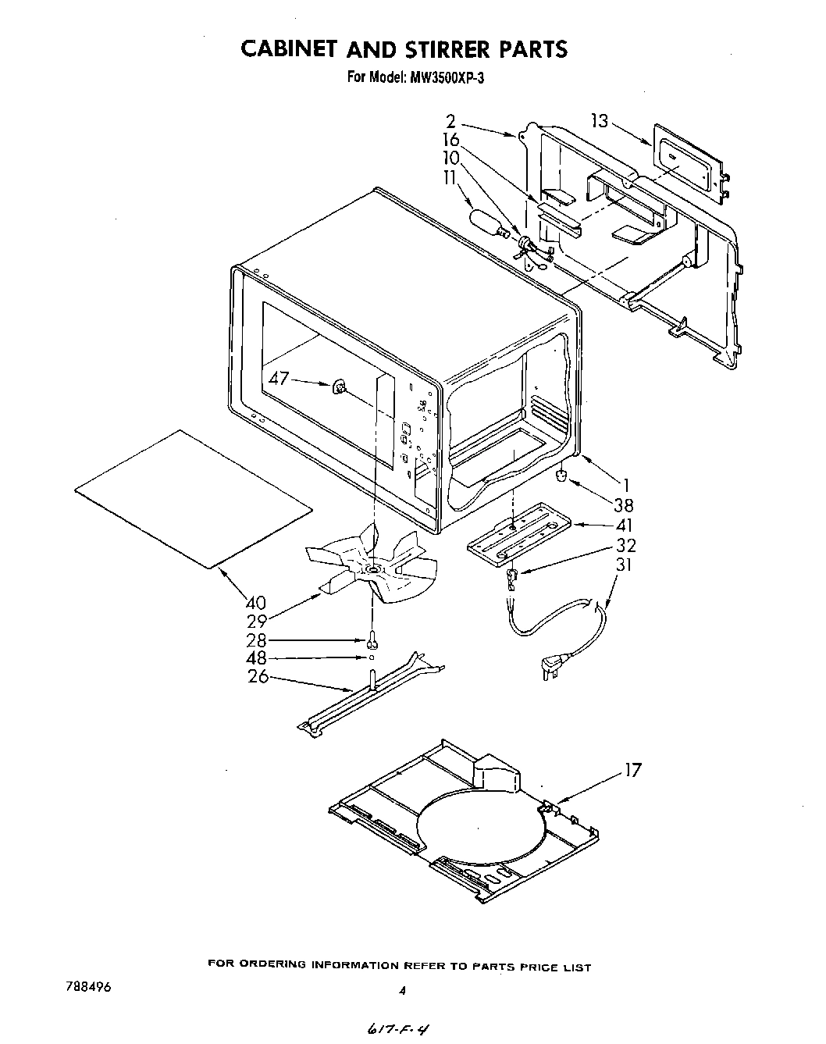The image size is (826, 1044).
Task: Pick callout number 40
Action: coord(255,603)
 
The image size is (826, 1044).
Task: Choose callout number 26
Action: coord(258,676)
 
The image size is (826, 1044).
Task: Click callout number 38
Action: coord(624,505)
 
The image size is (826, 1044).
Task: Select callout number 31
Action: coord(625,565)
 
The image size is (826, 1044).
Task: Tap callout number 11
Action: coord(450,178)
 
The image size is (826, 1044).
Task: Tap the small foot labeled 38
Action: coord(560,476)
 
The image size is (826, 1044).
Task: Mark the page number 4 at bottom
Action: coord(402,991)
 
